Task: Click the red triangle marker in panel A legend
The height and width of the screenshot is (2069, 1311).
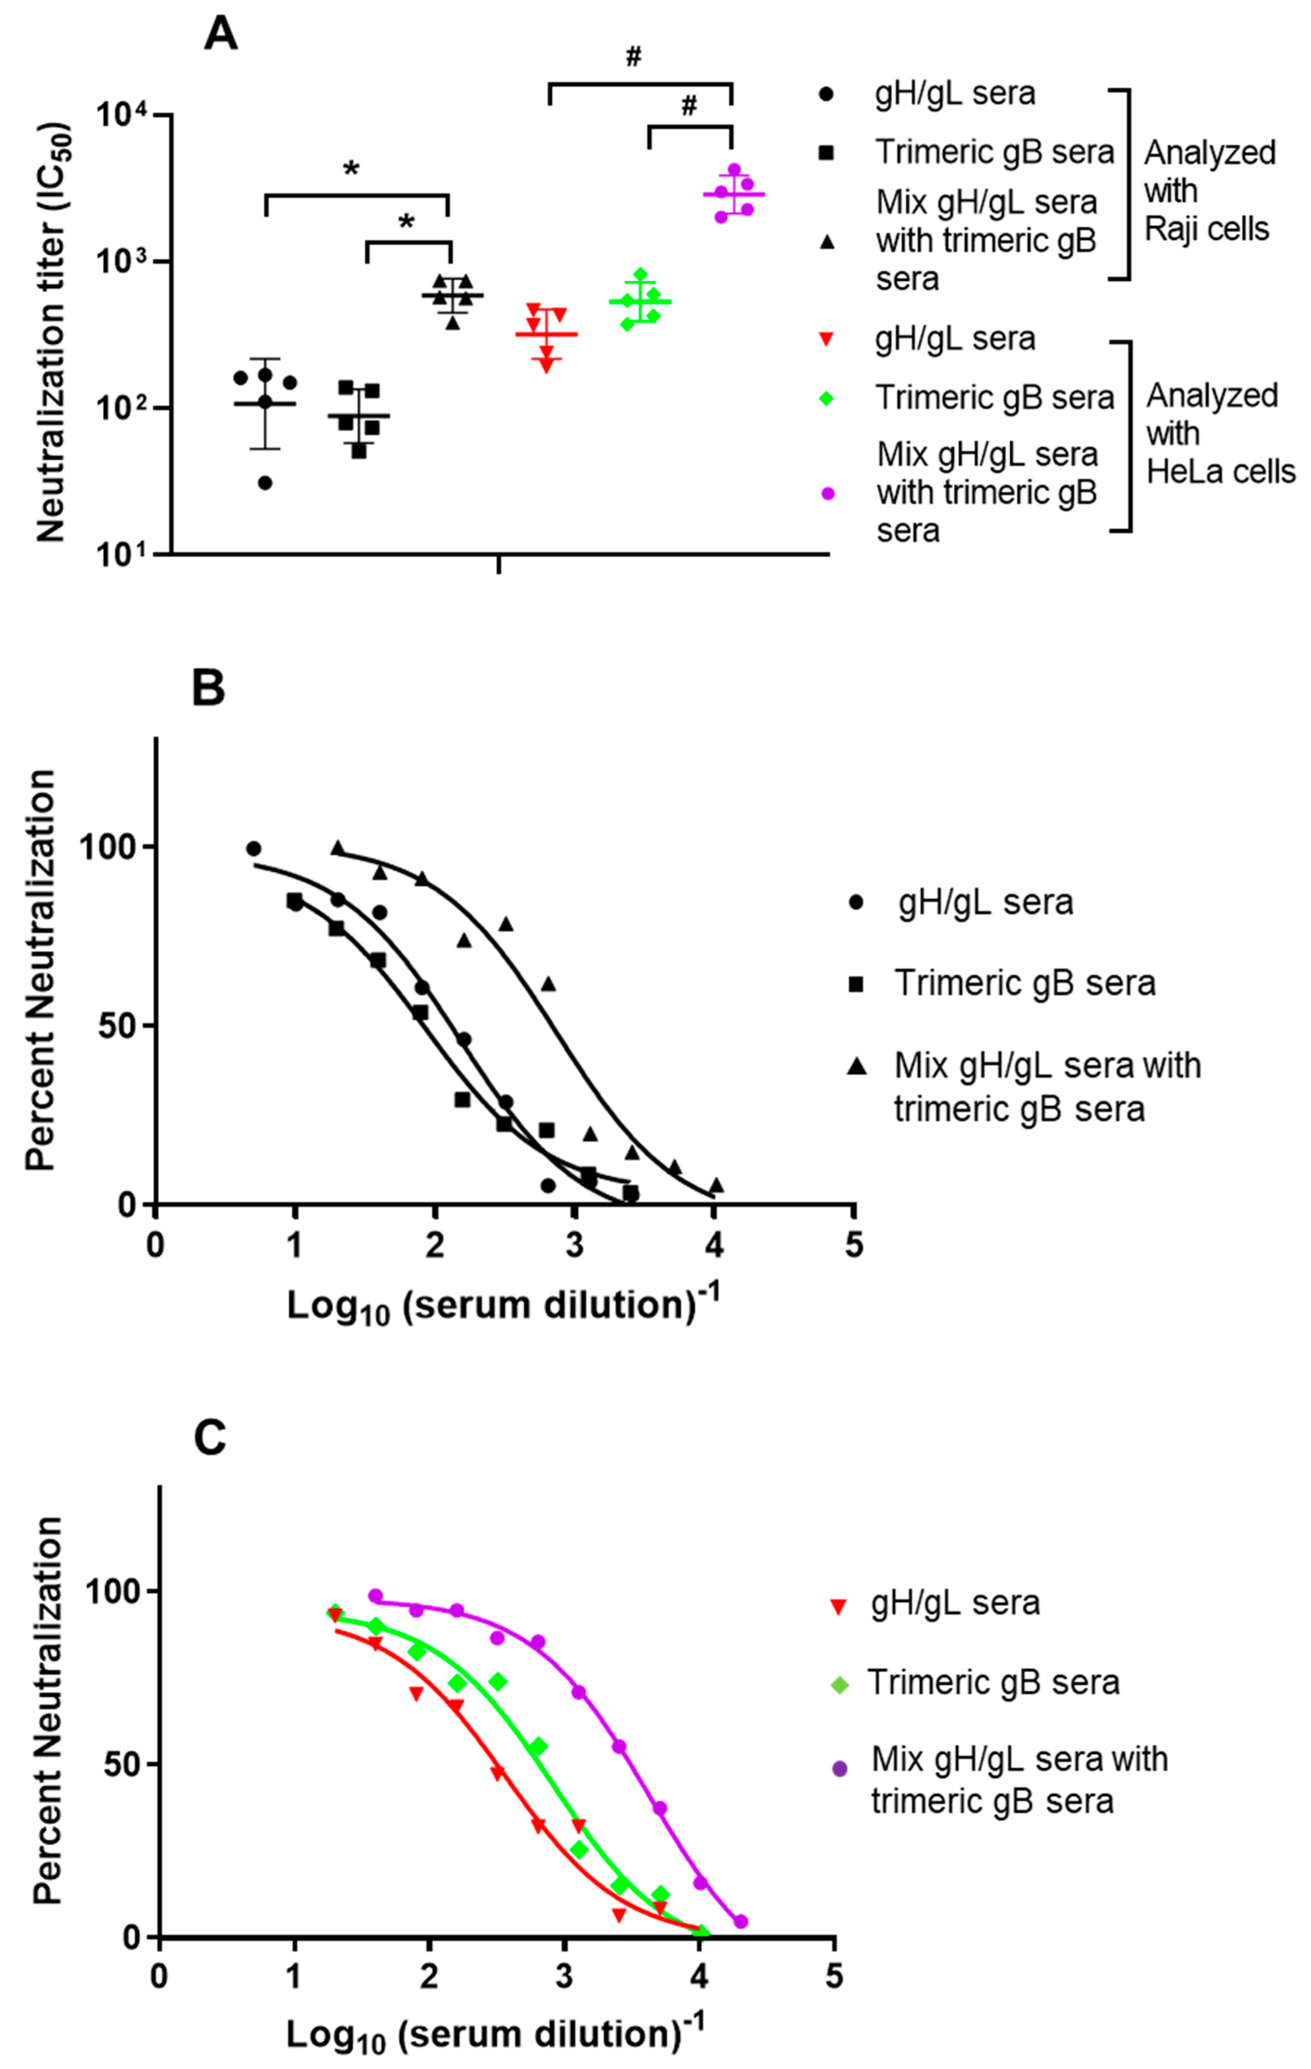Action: (x=827, y=339)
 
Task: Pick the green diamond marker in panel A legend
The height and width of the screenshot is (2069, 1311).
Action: (x=827, y=398)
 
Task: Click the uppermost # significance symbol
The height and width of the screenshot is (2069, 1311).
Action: (x=633, y=57)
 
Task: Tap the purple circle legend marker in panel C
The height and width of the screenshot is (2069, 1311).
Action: (x=839, y=1769)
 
